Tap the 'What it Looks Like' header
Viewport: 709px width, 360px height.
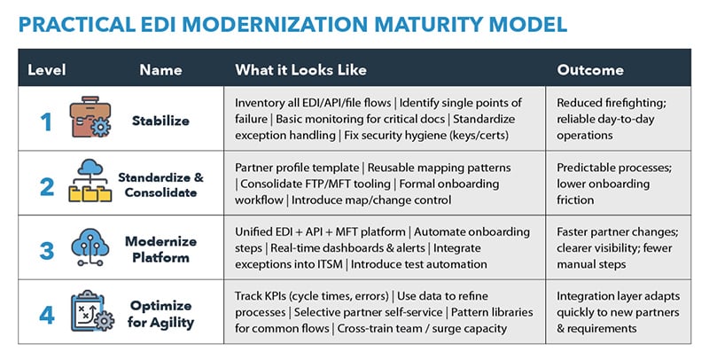tap(300, 69)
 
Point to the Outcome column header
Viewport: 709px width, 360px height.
tap(590, 69)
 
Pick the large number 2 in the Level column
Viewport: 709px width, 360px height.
tap(45, 184)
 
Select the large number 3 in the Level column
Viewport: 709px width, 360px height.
tap(45, 247)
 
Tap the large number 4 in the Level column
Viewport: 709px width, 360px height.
tap(45, 311)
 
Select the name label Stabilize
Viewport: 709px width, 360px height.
tap(160, 121)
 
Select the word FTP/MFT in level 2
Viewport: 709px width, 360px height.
tap(336, 184)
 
